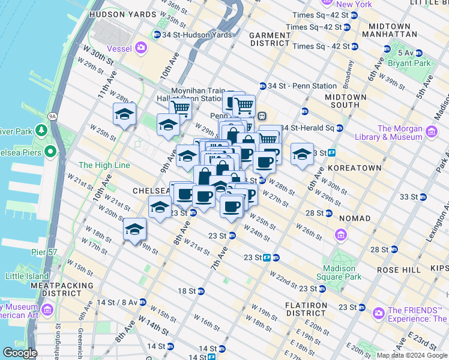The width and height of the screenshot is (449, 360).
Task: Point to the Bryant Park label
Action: tap(413, 63)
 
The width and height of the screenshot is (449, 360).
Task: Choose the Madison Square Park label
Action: tap(342, 273)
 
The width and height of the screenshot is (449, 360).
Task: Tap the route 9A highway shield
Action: tap(52, 116)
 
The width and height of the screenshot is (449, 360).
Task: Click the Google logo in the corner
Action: tap(20, 353)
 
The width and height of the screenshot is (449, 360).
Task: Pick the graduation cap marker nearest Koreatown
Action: tap(302, 155)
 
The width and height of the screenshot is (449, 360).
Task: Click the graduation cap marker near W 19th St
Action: tap(134, 230)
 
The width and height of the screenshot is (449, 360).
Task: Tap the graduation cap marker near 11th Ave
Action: tap(124, 114)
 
